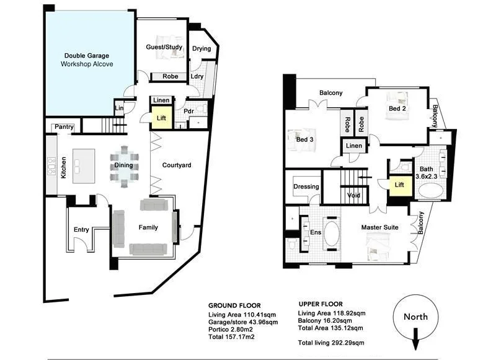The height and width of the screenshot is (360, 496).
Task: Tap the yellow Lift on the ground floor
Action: click(x=161, y=117)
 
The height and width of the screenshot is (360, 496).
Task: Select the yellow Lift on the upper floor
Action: click(x=399, y=184)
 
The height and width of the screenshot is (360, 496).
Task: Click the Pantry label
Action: click(x=64, y=128)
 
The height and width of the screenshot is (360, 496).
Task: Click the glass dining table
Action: click(x=125, y=166)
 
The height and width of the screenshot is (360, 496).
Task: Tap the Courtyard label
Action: click(x=176, y=165)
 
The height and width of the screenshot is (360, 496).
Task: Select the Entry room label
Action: click(x=81, y=230)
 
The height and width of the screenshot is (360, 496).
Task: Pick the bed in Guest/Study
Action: click(x=163, y=51)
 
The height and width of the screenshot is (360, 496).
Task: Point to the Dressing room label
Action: click(x=306, y=187)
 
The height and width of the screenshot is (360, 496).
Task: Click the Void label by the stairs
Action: click(x=354, y=195)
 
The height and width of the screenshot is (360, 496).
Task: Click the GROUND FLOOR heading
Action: click(x=234, y=305)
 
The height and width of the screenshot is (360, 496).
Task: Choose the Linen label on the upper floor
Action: click(x=354, y=146)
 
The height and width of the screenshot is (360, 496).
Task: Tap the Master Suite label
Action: click(x=379, y=228)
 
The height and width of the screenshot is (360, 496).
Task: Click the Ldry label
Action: click(x=197, y=77)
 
